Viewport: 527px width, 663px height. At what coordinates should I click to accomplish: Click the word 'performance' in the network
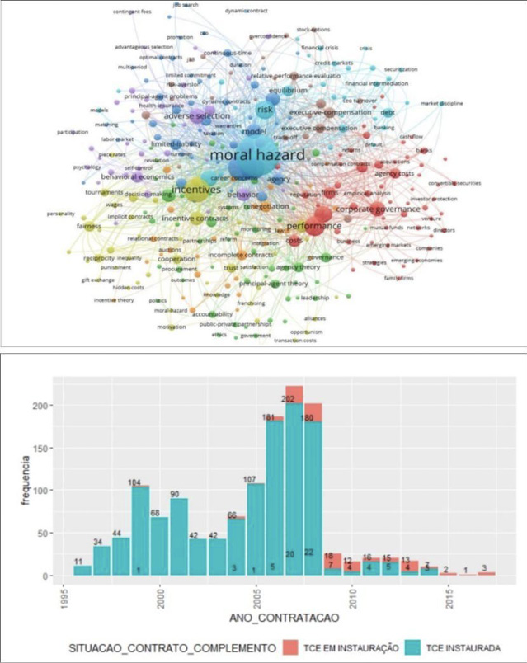point(313,224)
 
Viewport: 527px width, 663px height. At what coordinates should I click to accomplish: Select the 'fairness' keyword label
point(88,226)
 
